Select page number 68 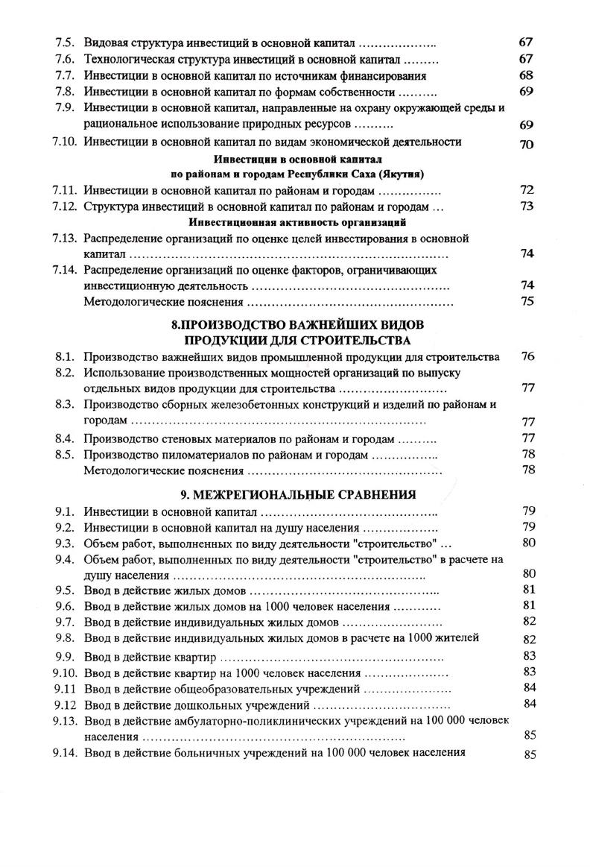pos(526,75)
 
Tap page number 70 pos(526,144)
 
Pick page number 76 pos(527,356)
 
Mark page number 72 pos(527,190)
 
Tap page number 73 pos(527,206)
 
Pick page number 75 pos(527,302)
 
